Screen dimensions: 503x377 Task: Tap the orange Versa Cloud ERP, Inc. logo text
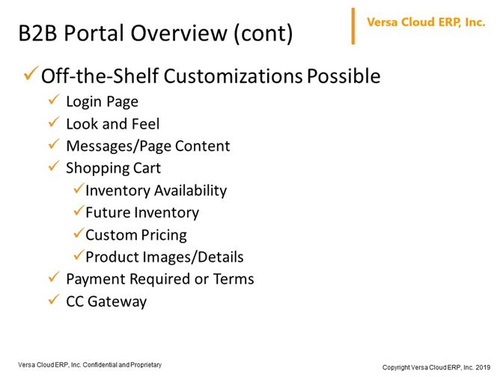click(x=426, y=22)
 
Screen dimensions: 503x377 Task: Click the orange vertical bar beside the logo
click(x=353, y=26)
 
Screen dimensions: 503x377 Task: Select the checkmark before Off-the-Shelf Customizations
click(x=31, y=73)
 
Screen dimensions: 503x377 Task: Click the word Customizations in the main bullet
click(x=233, y=76)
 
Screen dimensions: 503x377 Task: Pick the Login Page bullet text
click(x=102, y=102)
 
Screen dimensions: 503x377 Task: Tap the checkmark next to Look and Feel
click(x=54, y=122)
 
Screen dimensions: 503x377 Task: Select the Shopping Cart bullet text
click(x=113, y=168)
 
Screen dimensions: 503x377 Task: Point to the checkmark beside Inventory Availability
click(x=79, y=188)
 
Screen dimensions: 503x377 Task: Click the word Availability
click(x=191, y=191)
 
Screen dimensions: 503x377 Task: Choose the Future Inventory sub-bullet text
click(x=142, y=212)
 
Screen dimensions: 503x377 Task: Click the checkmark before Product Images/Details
click(x=79, y=255)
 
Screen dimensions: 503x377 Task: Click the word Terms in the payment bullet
click(x=234, y=279)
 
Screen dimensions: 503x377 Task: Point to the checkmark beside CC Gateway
click(x=54, y=299)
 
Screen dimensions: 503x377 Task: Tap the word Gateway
click(x=117, y=301)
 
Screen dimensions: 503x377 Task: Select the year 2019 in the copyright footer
click(x=483, y=367)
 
